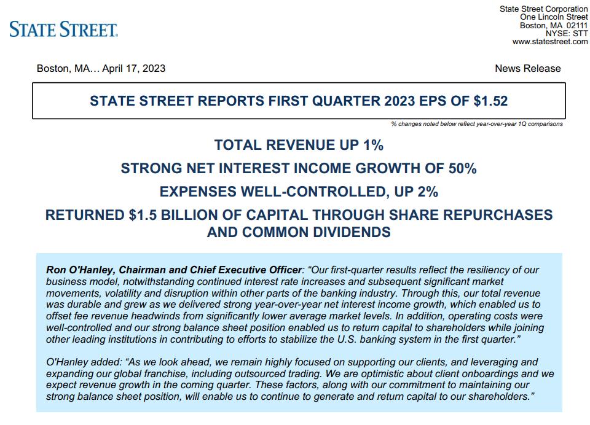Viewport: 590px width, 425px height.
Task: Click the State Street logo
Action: [x=63, y=29]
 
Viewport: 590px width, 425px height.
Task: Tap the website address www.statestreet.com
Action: [x=550, y=42]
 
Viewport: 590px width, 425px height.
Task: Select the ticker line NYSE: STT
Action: [x=567, y=33]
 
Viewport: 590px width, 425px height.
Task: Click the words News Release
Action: [x=527, y=68]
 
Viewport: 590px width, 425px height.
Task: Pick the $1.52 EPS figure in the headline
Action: [x=490, y=100]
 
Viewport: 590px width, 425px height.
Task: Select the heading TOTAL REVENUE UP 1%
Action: [x=299, y=145]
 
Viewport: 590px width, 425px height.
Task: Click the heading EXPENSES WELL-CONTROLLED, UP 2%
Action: [x=299, y=192]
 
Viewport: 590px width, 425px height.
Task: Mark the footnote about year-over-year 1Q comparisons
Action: [x=477, y=124]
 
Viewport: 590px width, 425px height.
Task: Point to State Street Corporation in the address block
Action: [x=543, y=9]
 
